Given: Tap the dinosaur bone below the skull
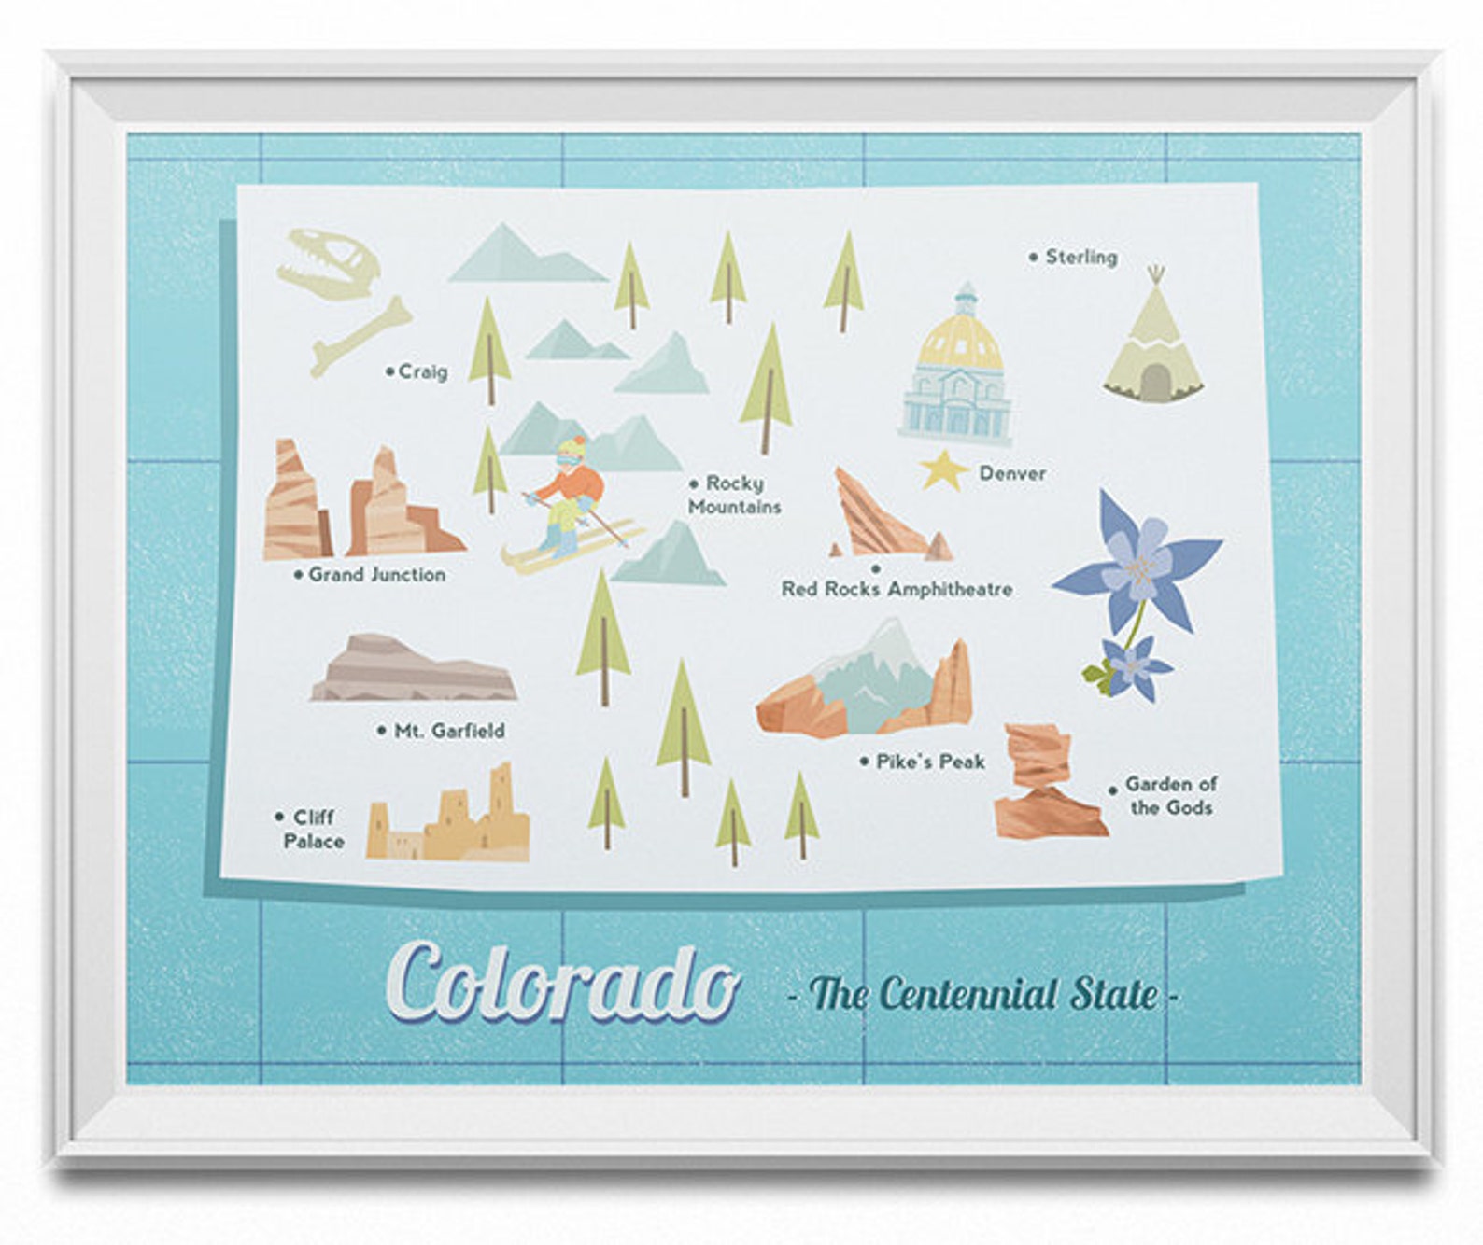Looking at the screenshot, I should [361, 336].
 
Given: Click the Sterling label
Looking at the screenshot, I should [1080, 257].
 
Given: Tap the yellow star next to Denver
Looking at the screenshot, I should [943, 469].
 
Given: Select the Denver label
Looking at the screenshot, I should [1012, 473].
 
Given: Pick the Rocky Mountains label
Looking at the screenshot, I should [735, 495].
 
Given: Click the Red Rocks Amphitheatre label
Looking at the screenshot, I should [897, 589].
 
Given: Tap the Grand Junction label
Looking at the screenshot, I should [376, 575].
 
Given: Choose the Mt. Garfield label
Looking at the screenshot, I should [448, 731].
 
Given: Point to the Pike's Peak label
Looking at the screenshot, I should [930, 762].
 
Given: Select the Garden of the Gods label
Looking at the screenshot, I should [1170, 796].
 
